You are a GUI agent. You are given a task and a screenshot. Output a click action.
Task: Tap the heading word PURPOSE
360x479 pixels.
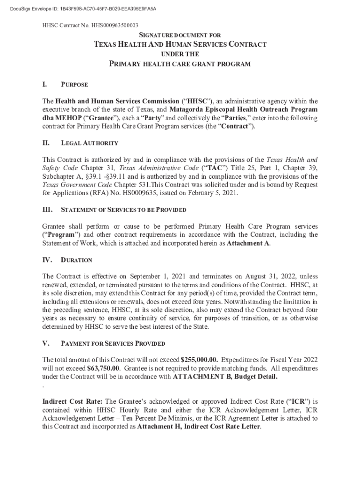[x=74, y=85]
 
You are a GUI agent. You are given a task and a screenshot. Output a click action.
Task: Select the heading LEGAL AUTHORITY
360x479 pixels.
[x=89, y=143]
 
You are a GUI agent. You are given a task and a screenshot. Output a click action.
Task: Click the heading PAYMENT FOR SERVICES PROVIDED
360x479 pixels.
[x=113, y=343]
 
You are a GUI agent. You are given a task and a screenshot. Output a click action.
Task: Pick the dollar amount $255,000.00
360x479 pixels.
[x=199, y=360]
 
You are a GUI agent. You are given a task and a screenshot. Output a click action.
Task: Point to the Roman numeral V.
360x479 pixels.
[x=46, y=343]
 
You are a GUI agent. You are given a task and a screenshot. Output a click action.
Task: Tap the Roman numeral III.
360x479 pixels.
[x=47, y=210]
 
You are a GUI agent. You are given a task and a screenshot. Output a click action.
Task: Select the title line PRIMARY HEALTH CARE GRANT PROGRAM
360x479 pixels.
[x=180, y=64]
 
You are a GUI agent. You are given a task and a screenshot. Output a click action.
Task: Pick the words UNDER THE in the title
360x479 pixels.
[x=180, y=54]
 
